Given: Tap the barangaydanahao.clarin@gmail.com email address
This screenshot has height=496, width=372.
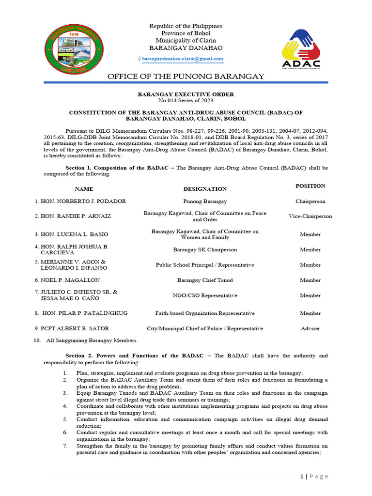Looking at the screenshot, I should coord(182,58).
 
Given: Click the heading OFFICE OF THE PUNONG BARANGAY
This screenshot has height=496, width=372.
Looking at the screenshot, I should coord(186,77).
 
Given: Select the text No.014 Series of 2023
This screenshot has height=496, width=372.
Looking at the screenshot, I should coord(186,100).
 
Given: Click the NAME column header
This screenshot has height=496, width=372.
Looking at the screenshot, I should coord(84,188).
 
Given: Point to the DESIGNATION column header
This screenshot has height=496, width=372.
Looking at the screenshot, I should coord(205,188).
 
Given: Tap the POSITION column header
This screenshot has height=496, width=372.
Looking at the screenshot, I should coord(310,186).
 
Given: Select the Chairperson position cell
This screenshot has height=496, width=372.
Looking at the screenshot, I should coord(310,201).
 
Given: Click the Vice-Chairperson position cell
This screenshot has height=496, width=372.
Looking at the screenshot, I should coord(310,216).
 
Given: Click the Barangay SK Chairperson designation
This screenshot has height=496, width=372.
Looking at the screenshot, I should coord(205,250).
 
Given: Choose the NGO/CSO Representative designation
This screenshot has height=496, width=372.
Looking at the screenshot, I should coord(205,295).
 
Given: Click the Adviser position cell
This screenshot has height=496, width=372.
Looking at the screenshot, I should coord(310,328).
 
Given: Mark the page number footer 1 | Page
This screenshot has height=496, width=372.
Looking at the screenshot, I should coord(314,477).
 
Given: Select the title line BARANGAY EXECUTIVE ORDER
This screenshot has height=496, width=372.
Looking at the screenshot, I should coord(186,94).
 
